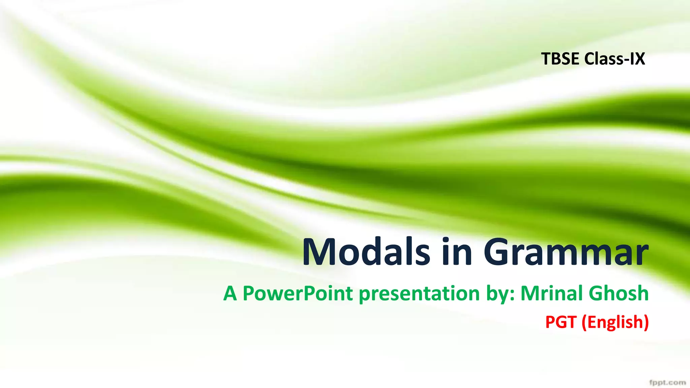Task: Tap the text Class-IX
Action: pyautogui.click(x=615, y=59)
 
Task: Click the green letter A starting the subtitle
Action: pyautogui.click(x=230, y=293)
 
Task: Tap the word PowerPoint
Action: pyautogui.click(x=298, y=293)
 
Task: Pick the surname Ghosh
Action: pyautogui.click(x=619, y=293)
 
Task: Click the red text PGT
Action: pyautogui.click(x=561, y=322)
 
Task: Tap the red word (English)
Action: pyautogui.click(x=615, y=322)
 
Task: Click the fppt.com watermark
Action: pyautogui.click(x=667, y=383)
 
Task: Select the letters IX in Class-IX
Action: pyautogui.click(x=637, y=59)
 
